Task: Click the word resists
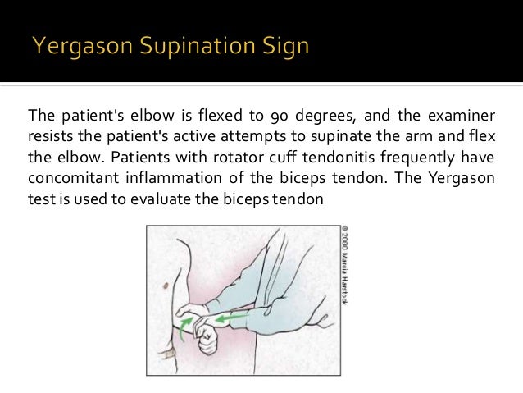(51, 136)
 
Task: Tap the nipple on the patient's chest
(166, 285)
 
